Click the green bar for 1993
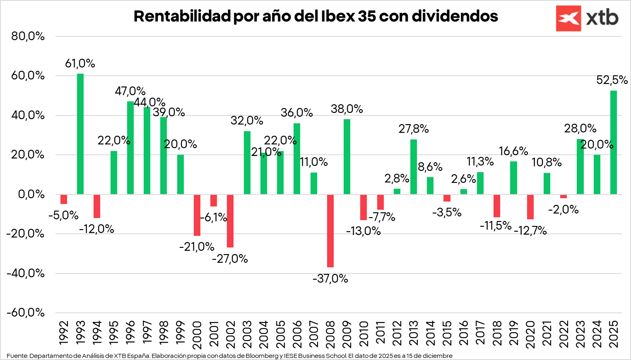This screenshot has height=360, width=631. point(80,134)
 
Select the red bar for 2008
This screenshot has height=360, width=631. point(330,230)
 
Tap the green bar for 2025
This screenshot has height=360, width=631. point(614,142)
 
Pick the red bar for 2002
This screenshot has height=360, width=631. point(230,221)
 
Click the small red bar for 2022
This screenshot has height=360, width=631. point(564,196)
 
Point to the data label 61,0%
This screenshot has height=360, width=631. point(80,63)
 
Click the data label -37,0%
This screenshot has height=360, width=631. point(330,278)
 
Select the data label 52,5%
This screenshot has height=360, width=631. point(612,80)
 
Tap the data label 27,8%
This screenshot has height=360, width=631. point(414,129)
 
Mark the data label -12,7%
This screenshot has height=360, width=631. point(530,230)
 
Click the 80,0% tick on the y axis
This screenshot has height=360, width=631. point(28,36)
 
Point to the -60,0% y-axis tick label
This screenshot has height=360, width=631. point(26,312)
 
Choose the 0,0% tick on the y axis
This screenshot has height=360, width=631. point(31,194)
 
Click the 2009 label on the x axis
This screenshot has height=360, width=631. point(347,333)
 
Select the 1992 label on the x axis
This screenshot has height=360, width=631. point(64,333)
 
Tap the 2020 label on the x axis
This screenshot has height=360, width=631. point(530,333)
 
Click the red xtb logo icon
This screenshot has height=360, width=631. point(568,18)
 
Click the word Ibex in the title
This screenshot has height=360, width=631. point(338,16)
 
